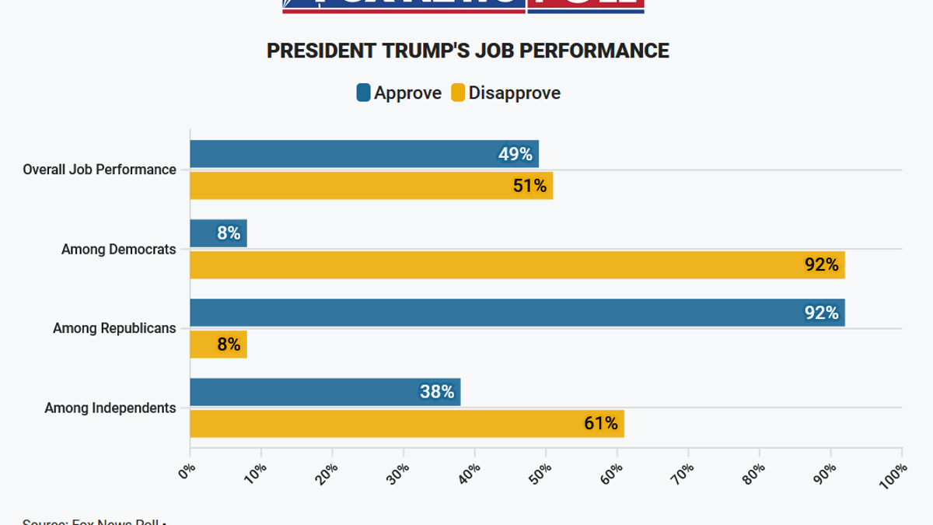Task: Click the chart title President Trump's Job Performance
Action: [467, 51]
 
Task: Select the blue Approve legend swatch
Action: [363, 93]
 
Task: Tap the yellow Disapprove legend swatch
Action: [458, 93]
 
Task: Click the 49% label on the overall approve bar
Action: [515, 154]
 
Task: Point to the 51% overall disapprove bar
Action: [371, 185]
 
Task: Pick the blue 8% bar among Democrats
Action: [218, 233]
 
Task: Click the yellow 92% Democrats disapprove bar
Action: [517, 264]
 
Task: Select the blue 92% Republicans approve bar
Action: [517, 313]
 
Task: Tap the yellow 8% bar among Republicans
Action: [218, 344]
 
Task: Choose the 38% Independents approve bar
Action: [325, 392]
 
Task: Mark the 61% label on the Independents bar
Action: [601, 423]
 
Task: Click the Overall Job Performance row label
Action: [100, 170]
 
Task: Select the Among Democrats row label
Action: [119, 250]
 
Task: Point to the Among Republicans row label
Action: [114, 328]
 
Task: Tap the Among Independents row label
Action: [110, 408]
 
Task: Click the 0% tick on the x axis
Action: [187, 470]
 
